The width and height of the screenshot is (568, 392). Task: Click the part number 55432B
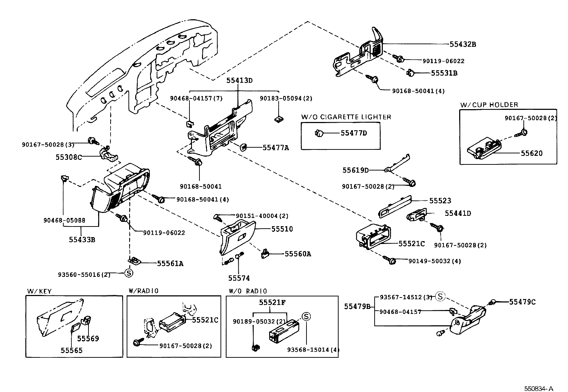point(462,44)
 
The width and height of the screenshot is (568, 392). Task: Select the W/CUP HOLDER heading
point(489,105)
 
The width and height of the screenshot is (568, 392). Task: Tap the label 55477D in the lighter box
point(354,133)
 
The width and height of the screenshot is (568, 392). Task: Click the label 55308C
point(69,157)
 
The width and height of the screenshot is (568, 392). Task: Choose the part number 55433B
point(82,240)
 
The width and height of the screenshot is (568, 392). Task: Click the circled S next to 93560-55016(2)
point(128,274)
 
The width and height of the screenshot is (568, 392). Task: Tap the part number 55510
point(282,229)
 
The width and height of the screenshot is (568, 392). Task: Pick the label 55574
point(239,278)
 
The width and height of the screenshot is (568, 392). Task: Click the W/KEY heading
point(39,291)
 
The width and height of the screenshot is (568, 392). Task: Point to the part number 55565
point(71,350)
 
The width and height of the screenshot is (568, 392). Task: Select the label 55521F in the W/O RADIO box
point(272,302)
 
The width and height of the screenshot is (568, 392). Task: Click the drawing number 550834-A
point(538,388)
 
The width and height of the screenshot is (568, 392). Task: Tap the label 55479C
point(522,302)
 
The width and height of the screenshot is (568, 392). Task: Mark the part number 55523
point(440,201)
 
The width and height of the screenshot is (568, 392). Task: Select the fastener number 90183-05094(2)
point(286,98)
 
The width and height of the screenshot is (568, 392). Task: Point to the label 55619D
point(356,170)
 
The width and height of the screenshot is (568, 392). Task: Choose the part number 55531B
point(444,73)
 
